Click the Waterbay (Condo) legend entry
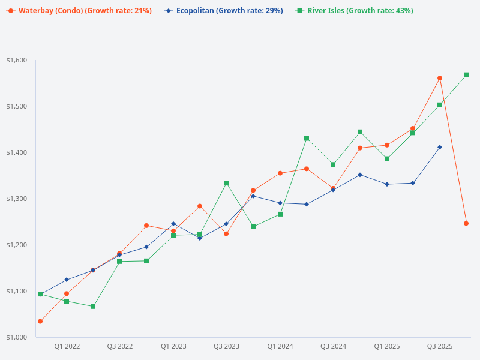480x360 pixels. point(79,11)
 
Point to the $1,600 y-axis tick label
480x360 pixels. point(17,60)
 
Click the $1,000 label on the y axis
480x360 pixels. point(17,337)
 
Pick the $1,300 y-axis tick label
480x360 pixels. point(17,199)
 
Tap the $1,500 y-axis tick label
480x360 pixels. point(17,106)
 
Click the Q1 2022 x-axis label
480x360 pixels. point(67,347)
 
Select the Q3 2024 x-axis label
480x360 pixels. point(333,347)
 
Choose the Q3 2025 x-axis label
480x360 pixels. point(440,347)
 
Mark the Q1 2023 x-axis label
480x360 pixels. point(173,347)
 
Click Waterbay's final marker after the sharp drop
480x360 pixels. point(466,223)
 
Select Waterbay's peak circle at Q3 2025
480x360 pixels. point(440,78)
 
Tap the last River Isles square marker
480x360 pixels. point(466,75)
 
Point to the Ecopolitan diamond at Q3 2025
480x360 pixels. point(440,147)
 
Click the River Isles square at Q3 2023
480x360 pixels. point(226,183)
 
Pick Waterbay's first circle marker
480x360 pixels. point(40,322)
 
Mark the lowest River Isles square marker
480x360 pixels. point(93,307)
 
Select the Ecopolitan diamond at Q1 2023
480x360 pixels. point(173,224)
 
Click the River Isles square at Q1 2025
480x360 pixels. point(387,159)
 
